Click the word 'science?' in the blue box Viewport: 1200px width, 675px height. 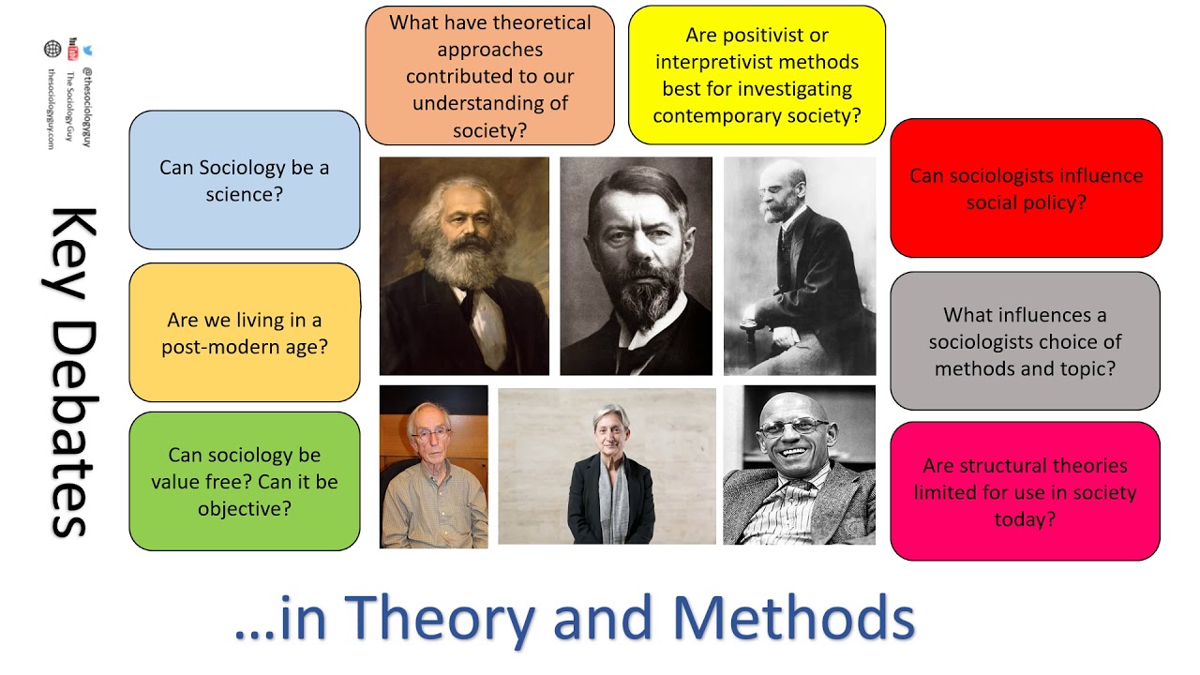pyautogui.click(x=245, y=196)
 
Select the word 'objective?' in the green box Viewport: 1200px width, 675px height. pyautogui.click(x=245, y=509)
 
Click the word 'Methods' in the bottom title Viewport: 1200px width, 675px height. pyautogui.click(x=792, y=619)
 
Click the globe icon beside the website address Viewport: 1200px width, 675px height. pyautogui.click(x=52, y=49)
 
